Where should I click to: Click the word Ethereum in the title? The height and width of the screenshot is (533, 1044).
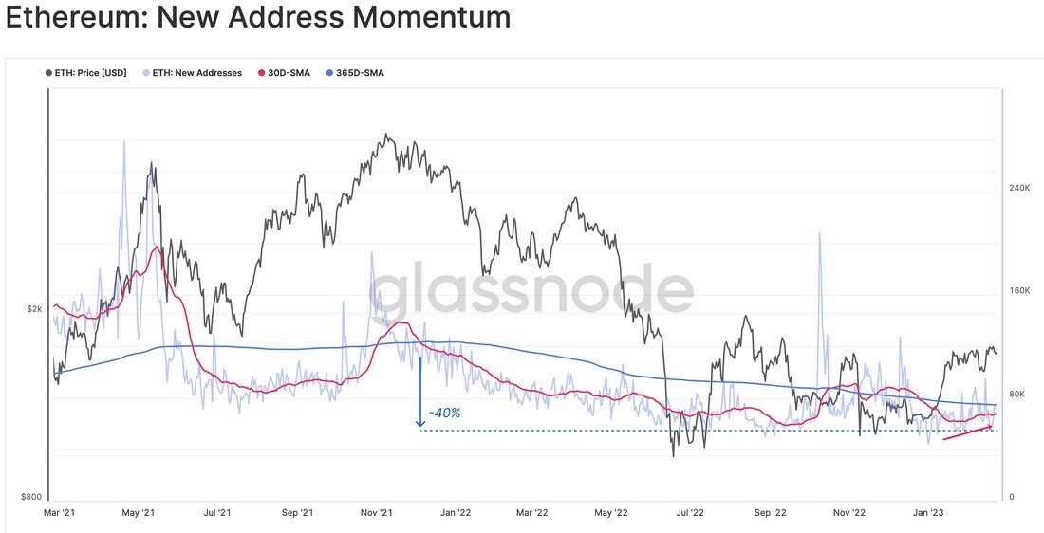(77, 17)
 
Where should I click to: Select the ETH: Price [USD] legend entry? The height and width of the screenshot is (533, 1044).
(85, 72)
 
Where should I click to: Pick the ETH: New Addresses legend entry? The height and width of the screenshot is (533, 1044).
(193, 72)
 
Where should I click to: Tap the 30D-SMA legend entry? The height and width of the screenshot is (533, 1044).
(284, 72)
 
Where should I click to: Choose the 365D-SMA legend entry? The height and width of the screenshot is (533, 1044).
(355, 72)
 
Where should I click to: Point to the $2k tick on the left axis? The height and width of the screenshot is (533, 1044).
(35, 309)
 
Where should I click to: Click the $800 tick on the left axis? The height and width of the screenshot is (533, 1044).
(31, 497)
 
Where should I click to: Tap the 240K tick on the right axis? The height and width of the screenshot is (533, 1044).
(1019, 189)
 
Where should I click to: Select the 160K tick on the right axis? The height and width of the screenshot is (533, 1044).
(1019, 291)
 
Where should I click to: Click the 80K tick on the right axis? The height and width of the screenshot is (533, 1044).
(1016, 394)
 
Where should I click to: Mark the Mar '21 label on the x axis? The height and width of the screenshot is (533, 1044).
(60, 513)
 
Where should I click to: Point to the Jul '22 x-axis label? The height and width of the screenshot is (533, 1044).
(690, 513)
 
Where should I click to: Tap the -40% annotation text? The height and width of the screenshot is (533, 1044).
(445, 414)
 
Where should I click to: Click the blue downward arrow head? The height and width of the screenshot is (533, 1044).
(420, 423)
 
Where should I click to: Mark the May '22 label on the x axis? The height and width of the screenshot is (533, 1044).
(610, 513)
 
